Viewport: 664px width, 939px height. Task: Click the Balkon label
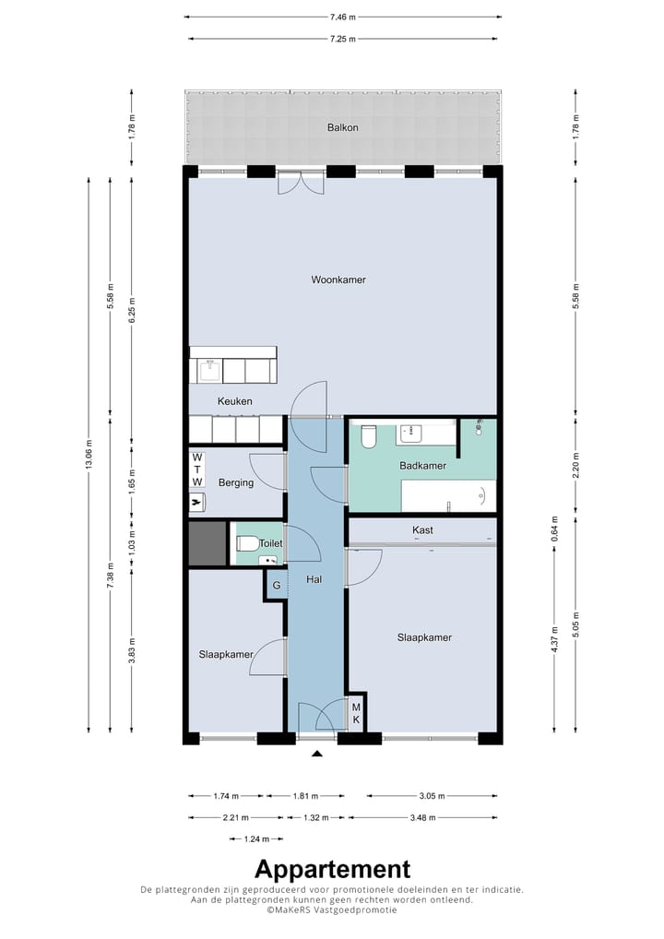[342, 127]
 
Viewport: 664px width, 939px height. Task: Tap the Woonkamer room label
[338, 279]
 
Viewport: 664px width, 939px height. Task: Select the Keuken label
[234, 401]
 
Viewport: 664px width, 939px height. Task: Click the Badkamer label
[422, 465]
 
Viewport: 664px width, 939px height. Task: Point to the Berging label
[236, 482]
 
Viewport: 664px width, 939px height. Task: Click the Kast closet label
[422, 530]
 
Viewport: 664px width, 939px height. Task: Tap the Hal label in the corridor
[314, 579]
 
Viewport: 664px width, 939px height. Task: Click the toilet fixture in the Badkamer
[368, 436]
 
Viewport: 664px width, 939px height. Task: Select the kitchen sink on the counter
[209, 371]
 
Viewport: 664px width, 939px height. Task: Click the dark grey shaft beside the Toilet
[207, 544]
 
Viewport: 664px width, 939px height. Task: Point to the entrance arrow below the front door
[316, 754]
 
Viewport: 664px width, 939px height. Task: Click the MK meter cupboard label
[356, 714]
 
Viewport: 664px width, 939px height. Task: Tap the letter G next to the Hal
[277, 585]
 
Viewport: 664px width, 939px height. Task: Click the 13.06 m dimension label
[89, 455]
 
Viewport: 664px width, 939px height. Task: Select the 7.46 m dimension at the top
[342, 18]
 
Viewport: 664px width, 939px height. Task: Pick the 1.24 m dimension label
[256, 839]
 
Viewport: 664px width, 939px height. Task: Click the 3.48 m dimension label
[422, 817]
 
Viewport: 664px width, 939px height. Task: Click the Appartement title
[333, 869]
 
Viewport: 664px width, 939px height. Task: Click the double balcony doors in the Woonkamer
[301, 183]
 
